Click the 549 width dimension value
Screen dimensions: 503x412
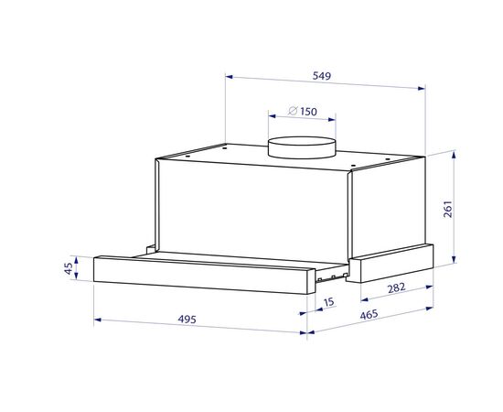coord(321,76)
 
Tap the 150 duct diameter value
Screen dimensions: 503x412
coord(308,112)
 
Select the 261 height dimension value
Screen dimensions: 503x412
coord(447,209)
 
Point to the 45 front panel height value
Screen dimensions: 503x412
coord(69,268)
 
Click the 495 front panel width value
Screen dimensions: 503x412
coord(187,320)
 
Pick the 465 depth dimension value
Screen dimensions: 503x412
coord(369,315)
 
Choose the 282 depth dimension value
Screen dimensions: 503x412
coord(397,288)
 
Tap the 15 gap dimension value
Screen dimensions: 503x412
coord(329,302)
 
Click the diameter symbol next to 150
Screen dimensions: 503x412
coord(293,111)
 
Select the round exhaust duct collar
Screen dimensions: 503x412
coord(302,147)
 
